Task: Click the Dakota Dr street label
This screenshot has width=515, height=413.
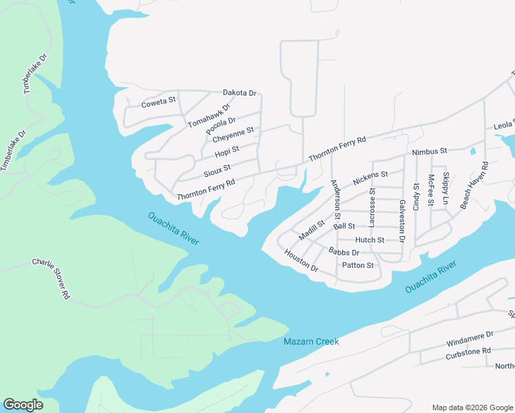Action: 239,93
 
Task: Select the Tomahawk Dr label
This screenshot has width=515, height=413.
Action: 209,114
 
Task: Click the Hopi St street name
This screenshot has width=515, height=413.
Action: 227,151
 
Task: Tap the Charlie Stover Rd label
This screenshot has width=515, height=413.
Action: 51,278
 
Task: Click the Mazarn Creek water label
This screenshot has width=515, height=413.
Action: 311,341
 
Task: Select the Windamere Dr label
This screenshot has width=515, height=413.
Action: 470,335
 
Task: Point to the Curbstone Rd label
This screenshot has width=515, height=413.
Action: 467,351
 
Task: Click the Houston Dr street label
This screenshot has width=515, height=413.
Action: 301,260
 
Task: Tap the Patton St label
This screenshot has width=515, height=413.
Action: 357,265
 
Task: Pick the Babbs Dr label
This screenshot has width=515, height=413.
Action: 344,252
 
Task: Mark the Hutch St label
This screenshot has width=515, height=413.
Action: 369,240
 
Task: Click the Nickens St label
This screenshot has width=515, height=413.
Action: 370,178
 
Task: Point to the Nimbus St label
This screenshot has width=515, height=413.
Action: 430,150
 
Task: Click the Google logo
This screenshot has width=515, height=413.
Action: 23,405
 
